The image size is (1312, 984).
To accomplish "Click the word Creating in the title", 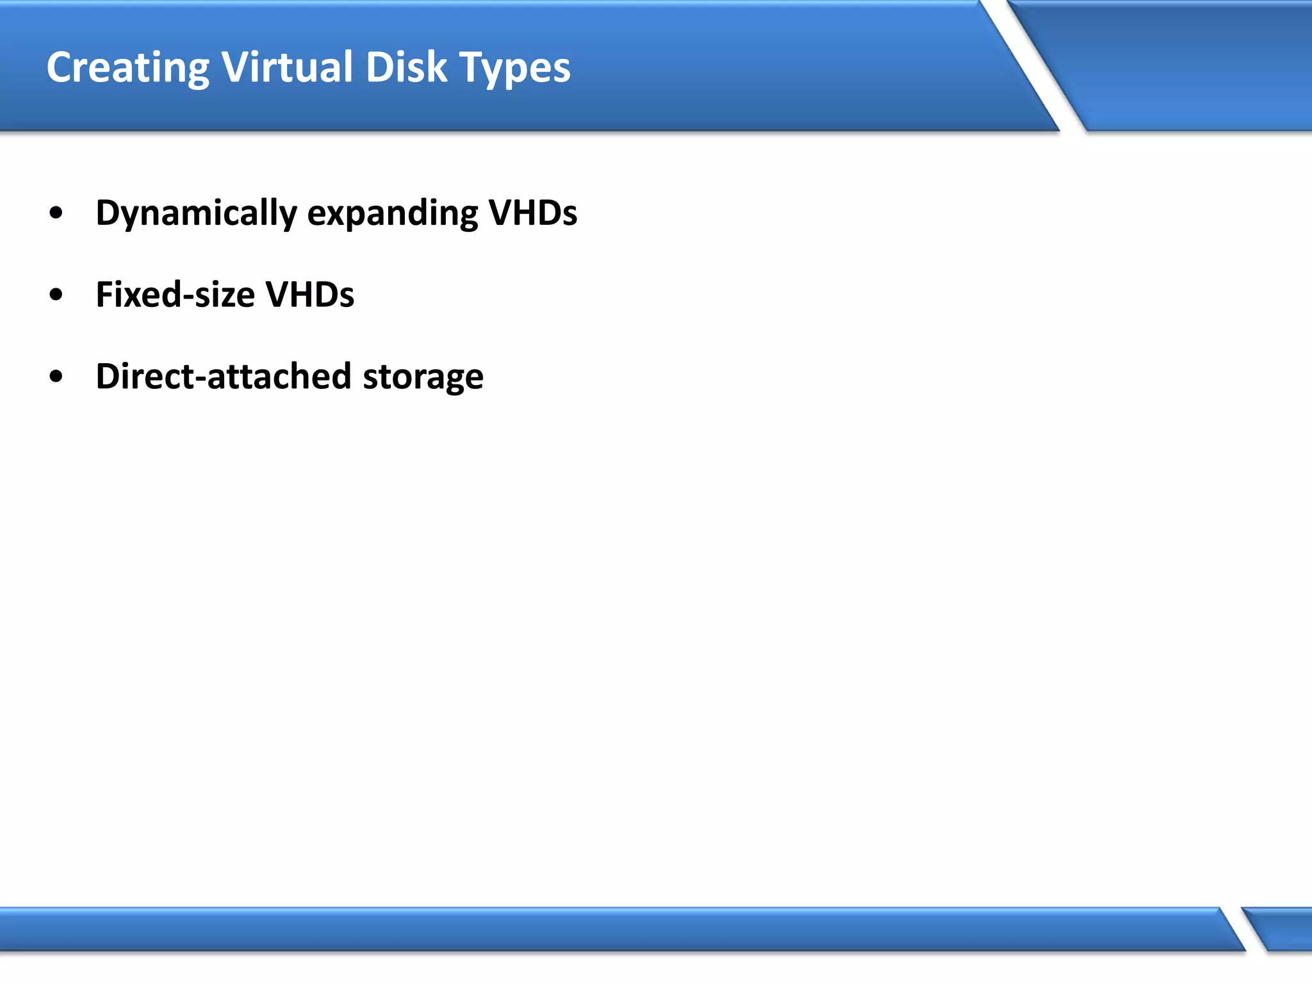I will (x=127, y=68).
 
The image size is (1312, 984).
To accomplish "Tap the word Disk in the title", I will (x=406, y=67).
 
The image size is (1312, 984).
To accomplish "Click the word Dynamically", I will (x=196, y=213).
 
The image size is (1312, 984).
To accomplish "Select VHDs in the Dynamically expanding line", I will (x=532, y=213).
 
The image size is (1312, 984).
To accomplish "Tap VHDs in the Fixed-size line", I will (x=309, y=295).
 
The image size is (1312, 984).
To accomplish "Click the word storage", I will (x=423, y=377).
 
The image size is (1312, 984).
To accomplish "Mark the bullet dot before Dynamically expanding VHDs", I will (x=56, y=213).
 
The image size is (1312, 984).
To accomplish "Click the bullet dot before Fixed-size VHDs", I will (x=56, y=295).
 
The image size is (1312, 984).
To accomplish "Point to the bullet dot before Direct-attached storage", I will (x=56, y=377).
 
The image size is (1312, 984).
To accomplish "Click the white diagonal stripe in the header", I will (x=1031, y=64).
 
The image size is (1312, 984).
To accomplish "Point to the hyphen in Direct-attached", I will (x=199, y=379).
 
